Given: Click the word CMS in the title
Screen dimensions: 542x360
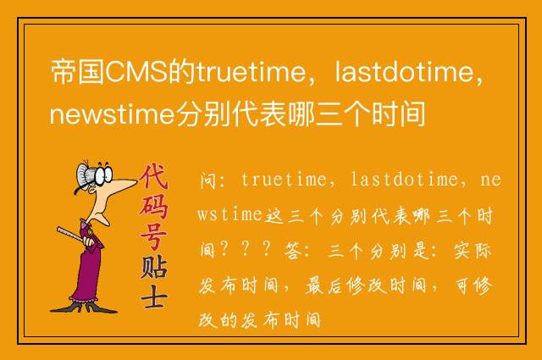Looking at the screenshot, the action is (136, 72).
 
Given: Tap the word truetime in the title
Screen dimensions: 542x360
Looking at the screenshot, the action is (252, 72).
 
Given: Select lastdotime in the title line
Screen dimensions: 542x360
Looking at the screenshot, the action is (405, 72).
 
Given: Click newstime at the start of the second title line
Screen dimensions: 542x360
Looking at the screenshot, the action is (112, 114).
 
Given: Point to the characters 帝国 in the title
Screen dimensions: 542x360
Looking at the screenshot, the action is (77, 72).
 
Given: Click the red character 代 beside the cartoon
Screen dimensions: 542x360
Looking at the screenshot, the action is (154, 175).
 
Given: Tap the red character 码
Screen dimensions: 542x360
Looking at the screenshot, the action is (154, 207).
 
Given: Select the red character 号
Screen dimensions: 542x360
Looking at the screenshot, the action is (154, 237).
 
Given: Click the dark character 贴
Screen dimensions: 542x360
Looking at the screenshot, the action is (154, 267).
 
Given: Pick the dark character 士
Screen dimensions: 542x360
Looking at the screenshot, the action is (154, 296).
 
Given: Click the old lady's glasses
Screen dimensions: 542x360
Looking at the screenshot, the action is (103, 175).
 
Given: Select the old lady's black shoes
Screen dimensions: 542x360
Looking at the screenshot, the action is (84, 307).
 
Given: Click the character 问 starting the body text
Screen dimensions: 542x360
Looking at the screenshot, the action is (208, 180).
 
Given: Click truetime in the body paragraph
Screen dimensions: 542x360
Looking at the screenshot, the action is (284, 180).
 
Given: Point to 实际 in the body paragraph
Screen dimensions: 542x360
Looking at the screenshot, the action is (473, 250).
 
